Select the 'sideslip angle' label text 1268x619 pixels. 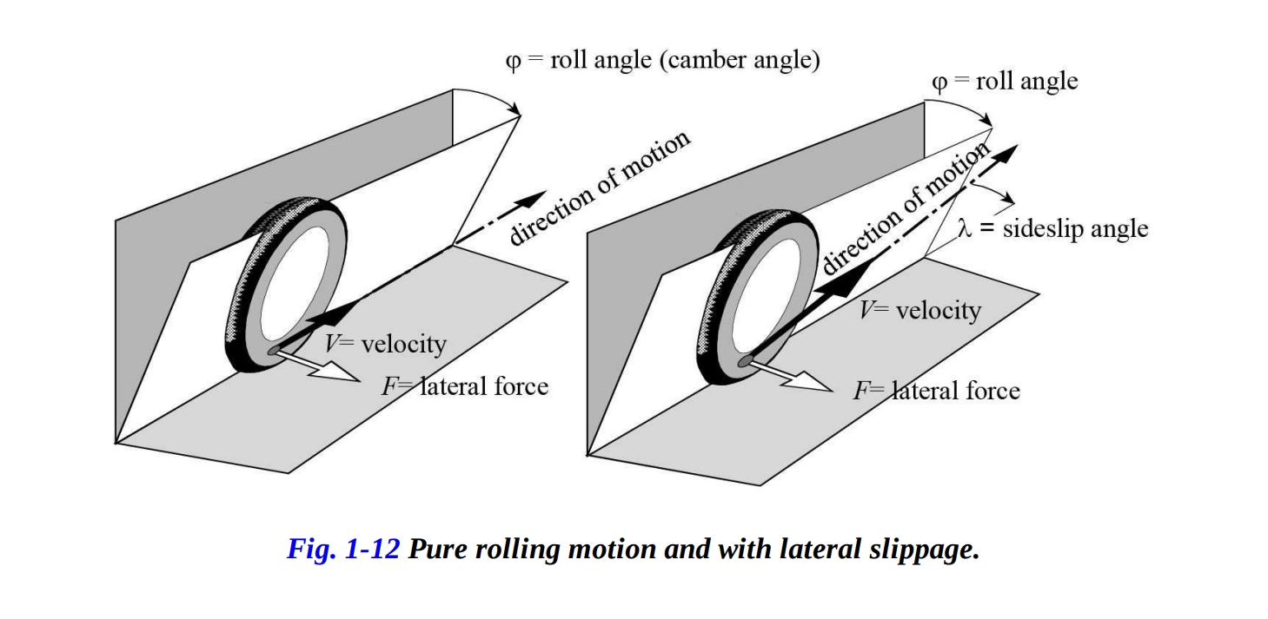pyautogui.click(x=1075, y=229)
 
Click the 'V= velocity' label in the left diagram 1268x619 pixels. pyautogui.click(x=385, y=344)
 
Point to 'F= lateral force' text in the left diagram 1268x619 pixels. pyautogui.click(x=465, y=385)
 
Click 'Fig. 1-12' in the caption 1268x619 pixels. pyautogui.click(x=343, y=550)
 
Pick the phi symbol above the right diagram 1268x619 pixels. pyautogui.click(x=939, y=82)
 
